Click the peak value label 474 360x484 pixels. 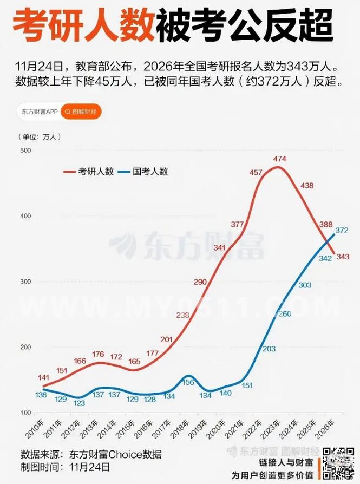tap(279, 159)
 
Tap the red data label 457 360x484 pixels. tap(256, 172)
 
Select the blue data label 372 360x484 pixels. tap(342, 231)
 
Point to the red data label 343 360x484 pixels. tap(342, 257)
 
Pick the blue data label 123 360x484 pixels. tap(80, 403)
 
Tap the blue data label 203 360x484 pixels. tap(269, 350)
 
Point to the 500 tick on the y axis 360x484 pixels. tap(25, 150)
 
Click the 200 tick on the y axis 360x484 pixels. tap(25, 347)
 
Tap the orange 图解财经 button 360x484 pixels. tap(81, 112)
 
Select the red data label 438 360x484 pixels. tap(307, 186)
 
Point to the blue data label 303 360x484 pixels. tap(305, 285)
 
